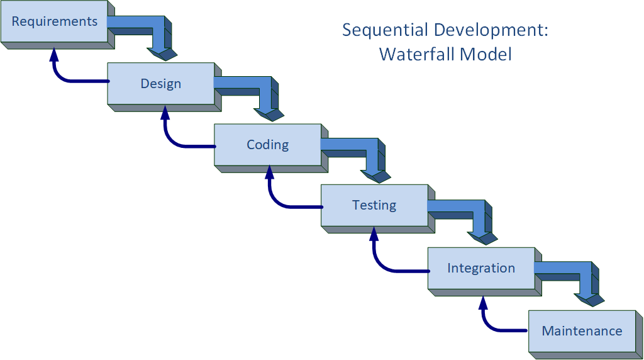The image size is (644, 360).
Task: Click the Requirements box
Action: [x=54, y=21]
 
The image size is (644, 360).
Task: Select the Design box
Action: [x=161, y=83]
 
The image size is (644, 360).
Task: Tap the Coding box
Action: [x=267, y=144]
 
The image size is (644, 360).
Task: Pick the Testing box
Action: [x=374, y=205]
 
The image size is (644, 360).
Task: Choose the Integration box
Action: [x=481, y=267]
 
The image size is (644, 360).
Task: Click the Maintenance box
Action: [x=582, y=330]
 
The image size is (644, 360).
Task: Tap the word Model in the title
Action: [x=485, y=54]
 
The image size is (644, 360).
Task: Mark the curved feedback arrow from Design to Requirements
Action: [x=63, y=77]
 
